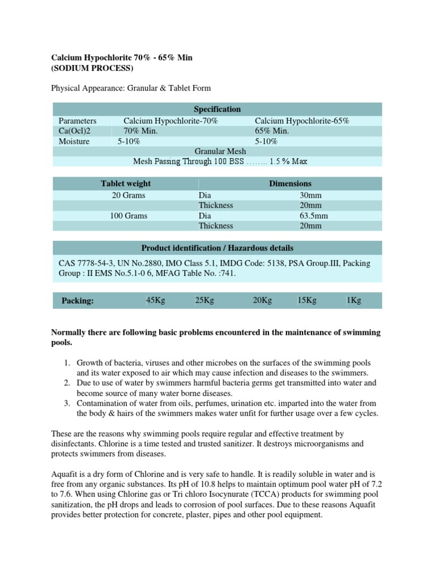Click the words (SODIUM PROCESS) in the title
(x=93, y=69)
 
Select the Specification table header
(x=217, y=109)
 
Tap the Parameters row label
(x=78, y=121)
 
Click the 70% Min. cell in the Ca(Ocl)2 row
(x=140, y=131)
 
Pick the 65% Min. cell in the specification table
(x=272, y=131)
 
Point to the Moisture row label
(x=74, y=142)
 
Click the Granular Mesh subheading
(x=220, y=151)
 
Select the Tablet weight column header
(x=126, y=184)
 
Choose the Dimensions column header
(x=290, y=184)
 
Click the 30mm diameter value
(x=310, y=195)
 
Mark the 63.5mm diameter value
(x=313, y=216)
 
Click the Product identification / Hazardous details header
(x=217, y=248)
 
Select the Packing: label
(x=78, y=301)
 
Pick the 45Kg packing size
(x=155, y=301)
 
